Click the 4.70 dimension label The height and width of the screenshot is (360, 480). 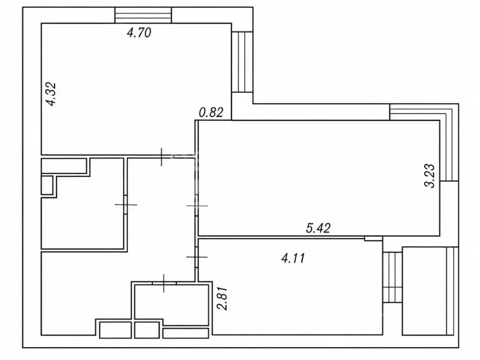[139, 32]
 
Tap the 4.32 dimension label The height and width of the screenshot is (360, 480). [51, 94]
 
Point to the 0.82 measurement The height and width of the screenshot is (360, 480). [211, 112]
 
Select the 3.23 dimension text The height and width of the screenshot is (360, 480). [429, 176]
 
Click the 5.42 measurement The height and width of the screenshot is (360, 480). [318, 228]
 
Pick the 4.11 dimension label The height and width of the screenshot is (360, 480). [293, 258]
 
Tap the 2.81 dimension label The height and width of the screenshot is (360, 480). [223, 299]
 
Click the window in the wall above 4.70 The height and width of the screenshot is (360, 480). [143, 15]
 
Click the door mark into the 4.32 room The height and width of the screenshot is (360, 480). [162, 157]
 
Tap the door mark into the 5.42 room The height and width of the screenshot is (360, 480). [197, 206]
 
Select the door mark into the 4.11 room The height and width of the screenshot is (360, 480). [197, 257]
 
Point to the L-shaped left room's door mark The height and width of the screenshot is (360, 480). [126, 204]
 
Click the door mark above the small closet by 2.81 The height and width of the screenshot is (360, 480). [164, 283]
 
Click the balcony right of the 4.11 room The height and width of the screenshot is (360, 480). [430, 291]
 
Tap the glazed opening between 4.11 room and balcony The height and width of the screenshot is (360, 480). [392, 277]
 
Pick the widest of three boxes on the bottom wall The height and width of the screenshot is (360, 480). [186, 333]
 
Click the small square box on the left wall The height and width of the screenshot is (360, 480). [47, 185]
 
